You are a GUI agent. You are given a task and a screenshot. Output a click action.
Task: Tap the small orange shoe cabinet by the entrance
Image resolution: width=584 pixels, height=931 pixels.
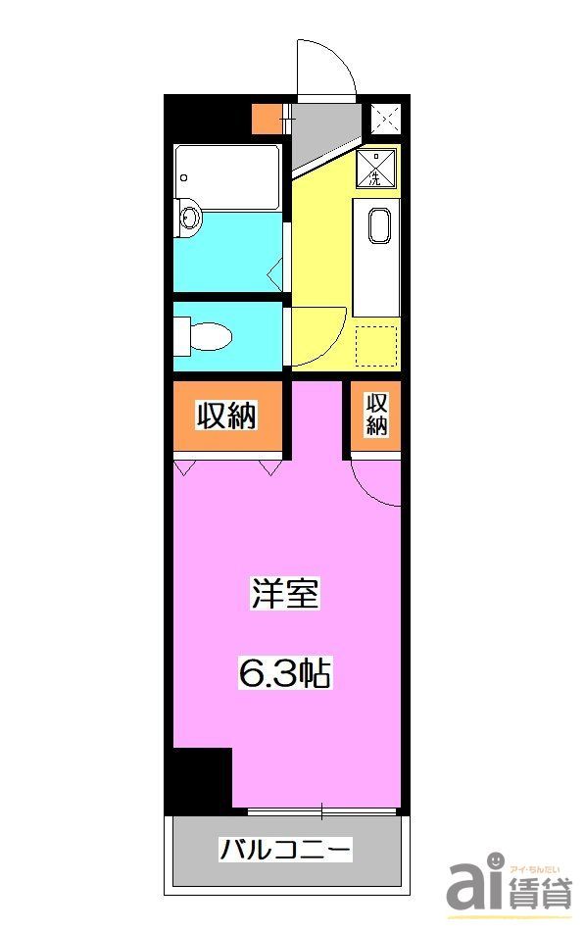click(266, 118)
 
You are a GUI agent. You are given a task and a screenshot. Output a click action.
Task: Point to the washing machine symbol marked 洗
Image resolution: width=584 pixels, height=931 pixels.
click(377, 169)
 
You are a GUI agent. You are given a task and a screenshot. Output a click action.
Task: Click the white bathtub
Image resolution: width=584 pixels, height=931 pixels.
click(227, 176)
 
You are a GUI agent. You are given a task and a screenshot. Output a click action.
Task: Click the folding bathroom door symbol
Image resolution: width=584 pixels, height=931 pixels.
click(274, 269)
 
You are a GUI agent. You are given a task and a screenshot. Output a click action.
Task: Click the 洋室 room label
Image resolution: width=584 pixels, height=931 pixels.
click(285, 595)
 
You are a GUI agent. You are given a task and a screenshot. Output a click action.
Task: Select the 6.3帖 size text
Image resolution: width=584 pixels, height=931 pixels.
click(285, 673)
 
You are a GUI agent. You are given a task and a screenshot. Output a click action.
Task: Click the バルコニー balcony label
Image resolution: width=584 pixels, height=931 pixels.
click(285, 849)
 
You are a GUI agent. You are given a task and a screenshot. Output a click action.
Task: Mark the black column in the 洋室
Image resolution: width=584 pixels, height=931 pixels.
click(203, 779)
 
